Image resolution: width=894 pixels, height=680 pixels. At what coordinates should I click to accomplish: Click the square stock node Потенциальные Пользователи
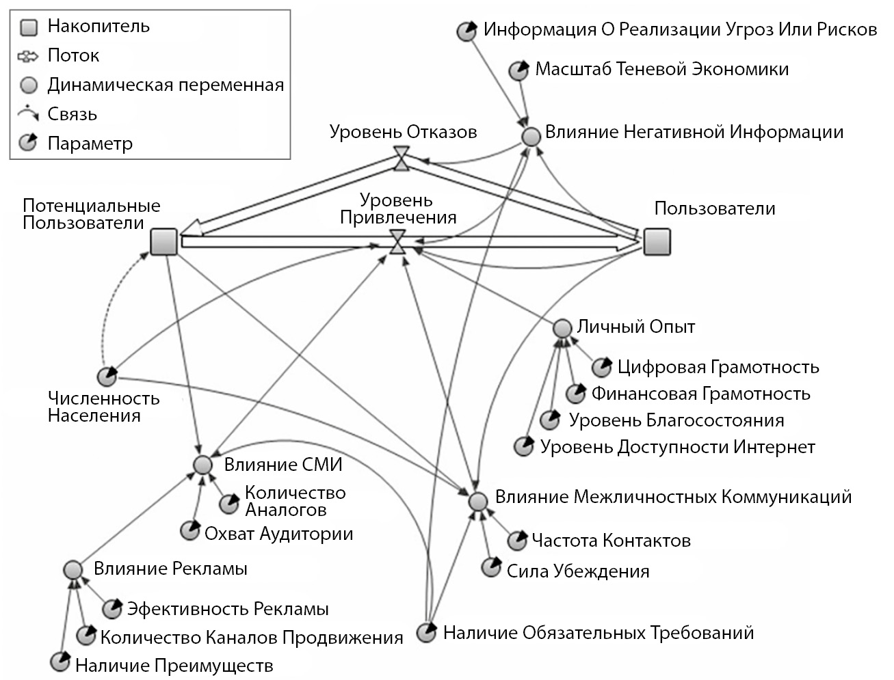(x=163, y=242)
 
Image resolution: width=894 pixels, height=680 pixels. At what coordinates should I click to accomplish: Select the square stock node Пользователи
(x=657, y=241)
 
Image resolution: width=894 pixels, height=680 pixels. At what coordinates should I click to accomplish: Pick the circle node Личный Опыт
(x=562, y=328)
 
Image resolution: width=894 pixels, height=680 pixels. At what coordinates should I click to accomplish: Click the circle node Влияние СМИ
(x=202, y=465)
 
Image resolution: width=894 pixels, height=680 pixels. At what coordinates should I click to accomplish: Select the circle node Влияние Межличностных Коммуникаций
(x=478, y=500)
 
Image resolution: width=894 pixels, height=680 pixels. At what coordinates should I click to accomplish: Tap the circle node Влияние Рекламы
(x=73, y=570)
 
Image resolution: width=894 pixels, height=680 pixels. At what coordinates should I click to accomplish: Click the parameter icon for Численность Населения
(x=107, y=377)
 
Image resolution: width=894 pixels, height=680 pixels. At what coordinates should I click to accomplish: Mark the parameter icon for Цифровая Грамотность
(x=601, y=368)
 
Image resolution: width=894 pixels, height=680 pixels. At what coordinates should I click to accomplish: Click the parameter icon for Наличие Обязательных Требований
(x=427, y=633)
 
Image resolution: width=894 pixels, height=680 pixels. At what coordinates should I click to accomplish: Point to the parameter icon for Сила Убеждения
(x=490, y=568)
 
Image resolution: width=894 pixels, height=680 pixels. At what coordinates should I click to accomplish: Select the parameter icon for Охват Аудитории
(x=189, y=531)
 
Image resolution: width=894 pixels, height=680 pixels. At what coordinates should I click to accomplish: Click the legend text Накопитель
(x=98, y=27)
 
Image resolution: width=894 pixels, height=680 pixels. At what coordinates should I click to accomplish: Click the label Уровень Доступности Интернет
(x=677, y=448)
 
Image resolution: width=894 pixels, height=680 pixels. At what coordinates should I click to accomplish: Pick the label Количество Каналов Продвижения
(x=252, y=638)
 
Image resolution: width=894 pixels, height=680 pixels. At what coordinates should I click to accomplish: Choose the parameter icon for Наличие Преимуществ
(x=61, y=662)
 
